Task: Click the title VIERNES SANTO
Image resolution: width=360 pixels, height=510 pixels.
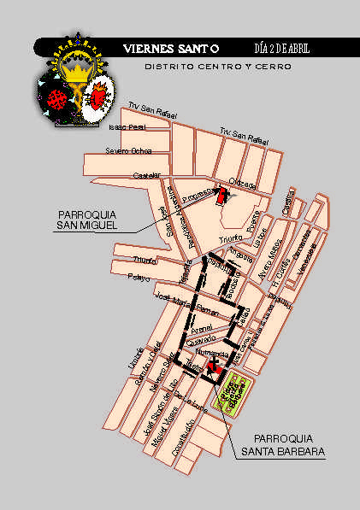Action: point(171,49)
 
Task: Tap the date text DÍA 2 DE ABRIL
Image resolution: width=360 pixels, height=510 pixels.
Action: point(282,49)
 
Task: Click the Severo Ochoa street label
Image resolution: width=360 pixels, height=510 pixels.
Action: point(128,151)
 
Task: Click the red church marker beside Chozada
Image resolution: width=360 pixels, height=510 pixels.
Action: point(222,194)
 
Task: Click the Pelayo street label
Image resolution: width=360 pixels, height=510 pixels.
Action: point(139,278)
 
